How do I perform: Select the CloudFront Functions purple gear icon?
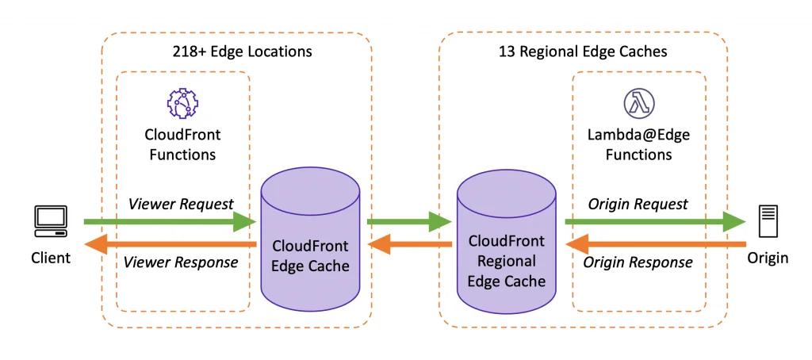pos(182,104)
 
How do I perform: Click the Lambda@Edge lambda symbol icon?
pos(638,104)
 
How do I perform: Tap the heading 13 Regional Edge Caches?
pos(582,52)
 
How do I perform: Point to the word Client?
pos(51,258)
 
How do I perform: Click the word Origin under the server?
pos(767,258)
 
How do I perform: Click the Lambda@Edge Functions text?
pos(638,144)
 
